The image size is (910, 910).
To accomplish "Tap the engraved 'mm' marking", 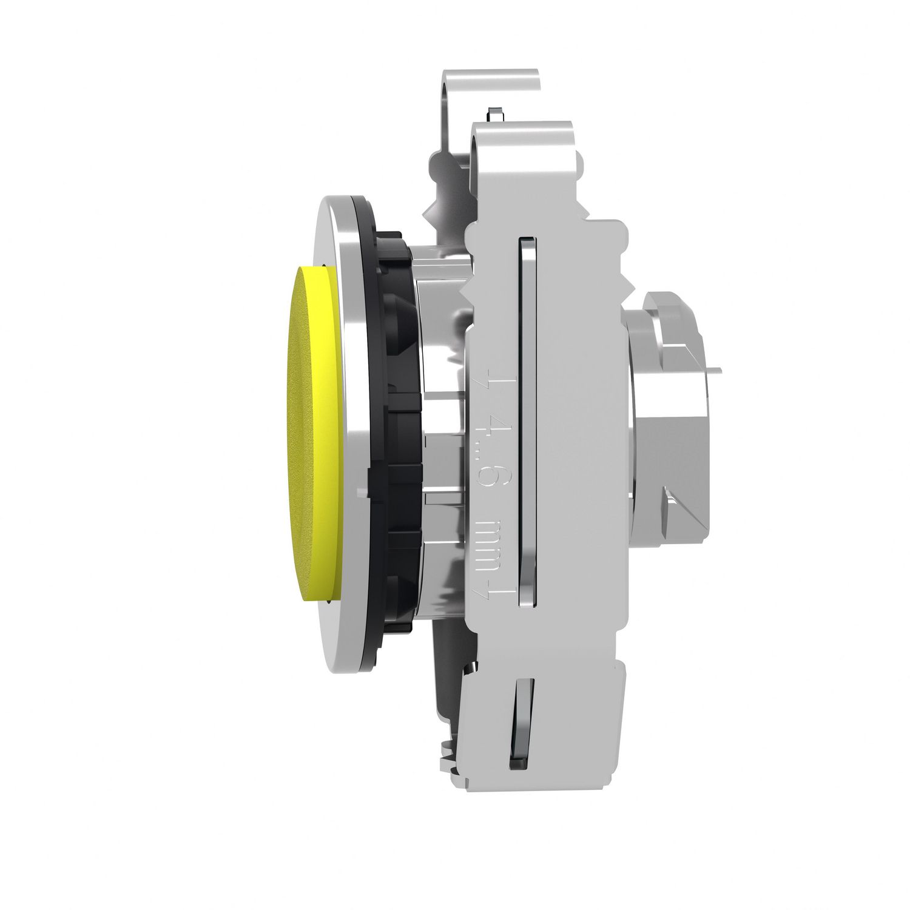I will (489, 534).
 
